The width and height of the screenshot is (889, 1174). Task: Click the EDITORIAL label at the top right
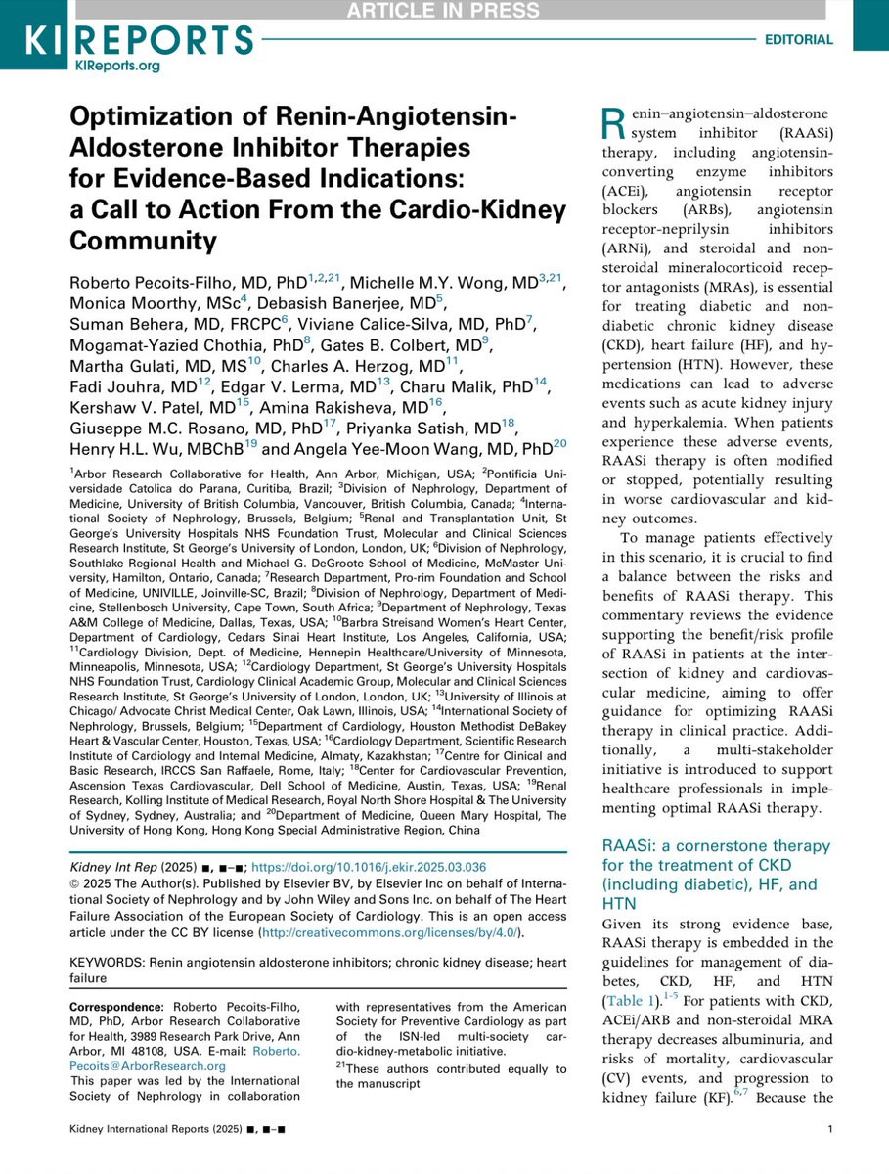pyautogui.click(x=797, y=40)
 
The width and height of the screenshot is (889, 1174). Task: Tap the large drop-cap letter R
pyautogui.click(x=611, y=123)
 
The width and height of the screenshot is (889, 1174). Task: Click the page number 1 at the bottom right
pyautogui.click(x=829, y=1158)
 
